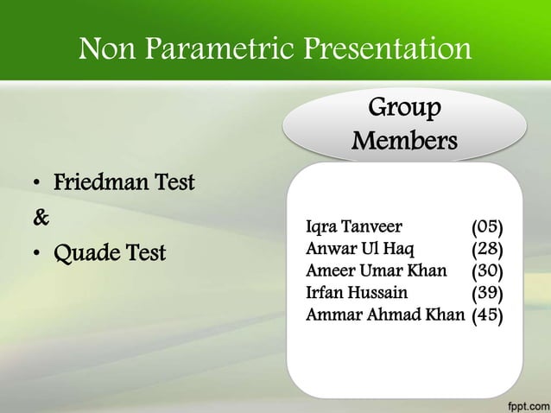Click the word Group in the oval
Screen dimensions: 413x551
[404, 109]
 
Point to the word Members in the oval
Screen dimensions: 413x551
[404, 140]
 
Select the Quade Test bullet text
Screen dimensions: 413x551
[111, 256]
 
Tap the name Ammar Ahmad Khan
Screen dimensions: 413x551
[385, 315]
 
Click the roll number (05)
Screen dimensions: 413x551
[487, 228]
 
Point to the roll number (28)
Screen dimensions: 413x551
[487, 250]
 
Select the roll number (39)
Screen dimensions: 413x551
[487, 293]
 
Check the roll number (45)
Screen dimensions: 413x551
[487, 315]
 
